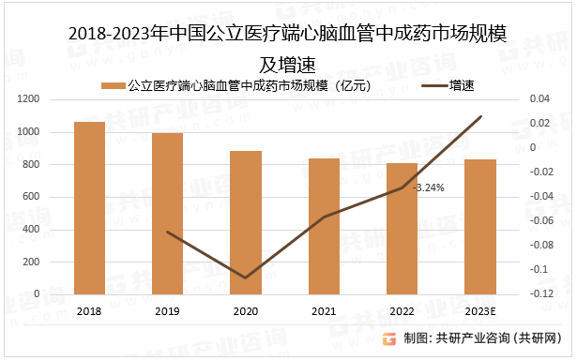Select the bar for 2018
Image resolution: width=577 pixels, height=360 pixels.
[90, 207]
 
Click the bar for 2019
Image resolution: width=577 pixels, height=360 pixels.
[168, 213]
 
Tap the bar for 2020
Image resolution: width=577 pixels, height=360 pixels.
[246, 222]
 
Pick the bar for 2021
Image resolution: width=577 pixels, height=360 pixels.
[325, 226]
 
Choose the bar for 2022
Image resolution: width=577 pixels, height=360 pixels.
[402, 229]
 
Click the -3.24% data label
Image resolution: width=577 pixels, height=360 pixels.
[429, 187]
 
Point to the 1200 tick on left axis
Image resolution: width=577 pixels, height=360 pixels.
[27, 99]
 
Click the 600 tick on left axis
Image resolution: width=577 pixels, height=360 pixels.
[31, 197]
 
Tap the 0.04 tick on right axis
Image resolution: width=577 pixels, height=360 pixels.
[539, 99]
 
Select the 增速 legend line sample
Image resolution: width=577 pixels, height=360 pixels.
[432, 85]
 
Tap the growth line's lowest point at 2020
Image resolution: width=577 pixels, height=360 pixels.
[246, 277]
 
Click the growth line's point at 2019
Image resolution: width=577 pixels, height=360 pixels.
[168, 232]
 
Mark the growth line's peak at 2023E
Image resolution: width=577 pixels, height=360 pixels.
[480, 116]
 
